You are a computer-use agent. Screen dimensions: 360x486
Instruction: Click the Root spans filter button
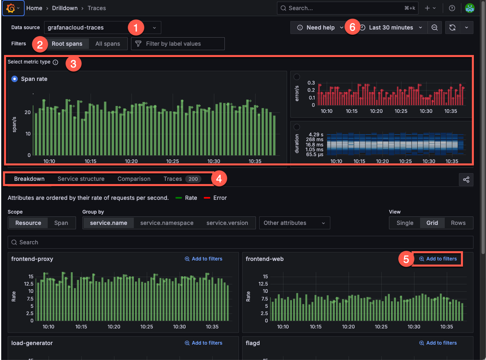(67, 44)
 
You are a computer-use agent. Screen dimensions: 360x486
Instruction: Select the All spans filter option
(108, 44)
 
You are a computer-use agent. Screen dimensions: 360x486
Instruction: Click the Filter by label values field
(178, 44)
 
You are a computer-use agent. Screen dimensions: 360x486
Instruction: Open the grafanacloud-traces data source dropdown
(102, 28)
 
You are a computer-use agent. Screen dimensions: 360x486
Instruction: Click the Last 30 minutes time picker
(391, 28)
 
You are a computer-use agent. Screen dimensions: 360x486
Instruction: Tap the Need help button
(320, 28)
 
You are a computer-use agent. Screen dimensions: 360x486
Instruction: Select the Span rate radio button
(15, 79)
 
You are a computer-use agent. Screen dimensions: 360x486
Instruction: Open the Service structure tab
(81, 179)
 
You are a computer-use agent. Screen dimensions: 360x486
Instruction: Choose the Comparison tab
(134, 179)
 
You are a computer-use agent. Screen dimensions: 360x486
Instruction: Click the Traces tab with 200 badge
(182, 179)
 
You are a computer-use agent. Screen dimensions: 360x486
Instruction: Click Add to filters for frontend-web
(438, 259)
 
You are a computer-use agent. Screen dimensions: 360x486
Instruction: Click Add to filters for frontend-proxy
(203, 259)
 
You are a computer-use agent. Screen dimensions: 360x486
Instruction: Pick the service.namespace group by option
(167, 223)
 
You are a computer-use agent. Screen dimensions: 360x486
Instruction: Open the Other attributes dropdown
(294, 223)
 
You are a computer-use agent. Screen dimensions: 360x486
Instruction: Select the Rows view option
(458, 223)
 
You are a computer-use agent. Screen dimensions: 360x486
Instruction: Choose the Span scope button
(61, 223)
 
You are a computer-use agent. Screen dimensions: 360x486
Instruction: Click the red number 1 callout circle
(136, 28)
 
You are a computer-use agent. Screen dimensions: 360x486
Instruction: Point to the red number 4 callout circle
(219, 179)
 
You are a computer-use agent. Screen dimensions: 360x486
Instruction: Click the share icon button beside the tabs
(466, 180)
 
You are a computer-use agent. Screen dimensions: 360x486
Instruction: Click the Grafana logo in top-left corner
(11, 8)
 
